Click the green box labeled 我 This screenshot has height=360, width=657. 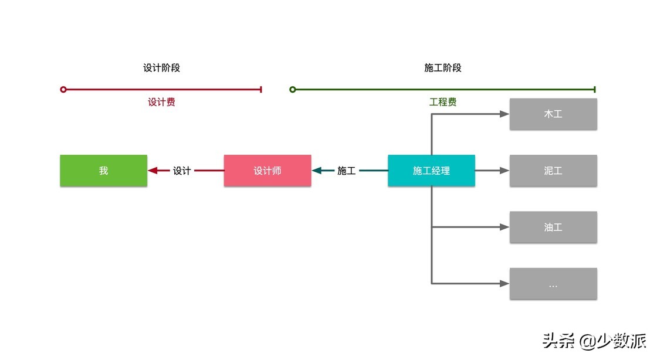[103, 171]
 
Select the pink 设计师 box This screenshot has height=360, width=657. [267, 171]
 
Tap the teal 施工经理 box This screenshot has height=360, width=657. [431, 171]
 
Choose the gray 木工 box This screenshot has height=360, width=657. [553, 114]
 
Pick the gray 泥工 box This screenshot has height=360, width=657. [553, 171]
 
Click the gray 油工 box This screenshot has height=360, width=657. [553, 227]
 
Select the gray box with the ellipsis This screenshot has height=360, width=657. [553, 284]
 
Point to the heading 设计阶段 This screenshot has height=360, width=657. [161, 68]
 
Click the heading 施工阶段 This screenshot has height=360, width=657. [443, 68]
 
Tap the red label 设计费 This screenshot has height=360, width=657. [161, 102]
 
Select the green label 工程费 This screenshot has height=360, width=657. [443, 102]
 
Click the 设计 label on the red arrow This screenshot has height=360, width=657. [182, 171]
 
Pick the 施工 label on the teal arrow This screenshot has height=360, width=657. [346, 171]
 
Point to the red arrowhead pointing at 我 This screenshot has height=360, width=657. [153, 171]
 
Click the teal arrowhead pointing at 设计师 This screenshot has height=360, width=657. [317, 171]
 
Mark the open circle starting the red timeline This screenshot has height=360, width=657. [63, 90]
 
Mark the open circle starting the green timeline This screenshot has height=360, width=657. [293, 90]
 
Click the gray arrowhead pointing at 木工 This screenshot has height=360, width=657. [504, 114]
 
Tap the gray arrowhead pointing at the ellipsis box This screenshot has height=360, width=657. [504, 284]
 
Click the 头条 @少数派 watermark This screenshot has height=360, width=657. [594, 341]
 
